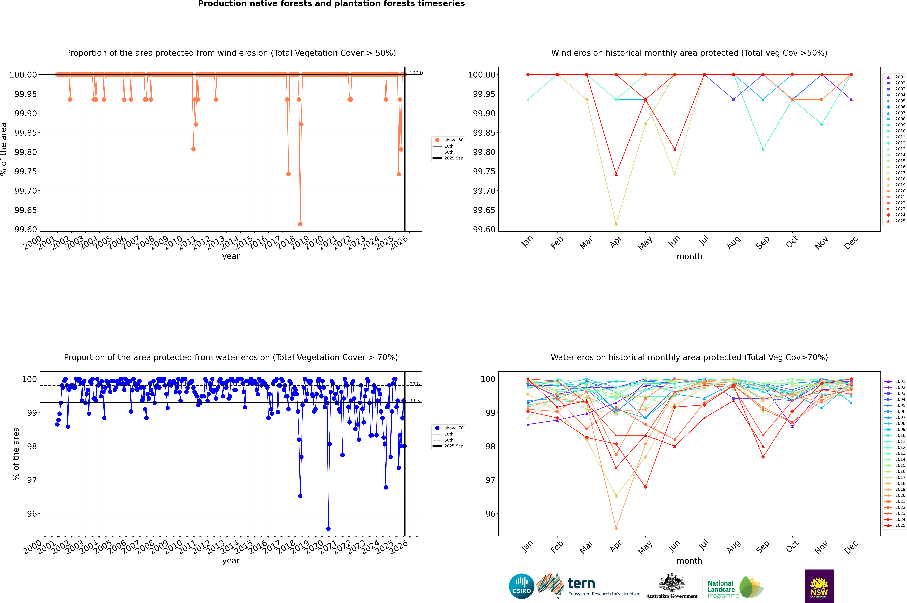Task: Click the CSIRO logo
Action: click(x=521, y=586)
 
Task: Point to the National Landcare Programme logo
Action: click(x=735, y=587)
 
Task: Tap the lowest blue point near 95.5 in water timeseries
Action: click(x=328, y=528)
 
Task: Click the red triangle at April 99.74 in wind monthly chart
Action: click(x=616, y=174)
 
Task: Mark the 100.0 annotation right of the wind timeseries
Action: click(x=416, y=73)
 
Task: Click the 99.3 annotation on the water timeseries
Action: click(x=414, y=401)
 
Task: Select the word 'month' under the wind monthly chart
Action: click(x=689, y=257)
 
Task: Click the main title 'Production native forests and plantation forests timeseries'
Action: click(x=331, y=4)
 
